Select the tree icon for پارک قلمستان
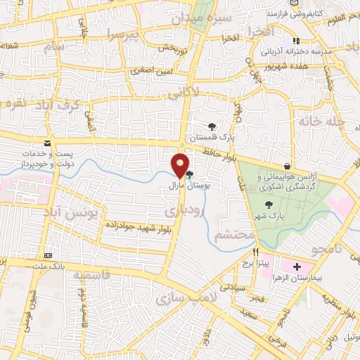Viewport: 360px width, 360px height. (212, 126)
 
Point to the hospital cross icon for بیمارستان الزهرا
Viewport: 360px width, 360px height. (297, 267)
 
